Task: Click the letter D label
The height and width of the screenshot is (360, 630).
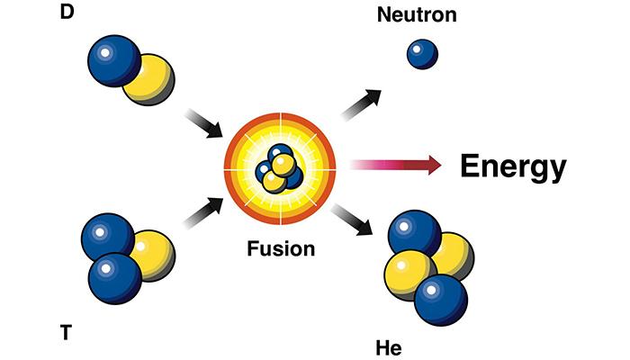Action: point(67,12)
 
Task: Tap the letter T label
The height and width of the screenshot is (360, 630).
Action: point(67,333)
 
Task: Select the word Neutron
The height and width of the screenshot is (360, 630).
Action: point(417,15)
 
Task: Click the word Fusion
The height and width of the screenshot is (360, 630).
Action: point(281,248)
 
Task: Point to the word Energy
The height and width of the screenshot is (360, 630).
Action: point(513,166)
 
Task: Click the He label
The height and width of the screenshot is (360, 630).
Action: point(389,348)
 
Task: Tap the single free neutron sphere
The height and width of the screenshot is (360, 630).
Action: point(422,54)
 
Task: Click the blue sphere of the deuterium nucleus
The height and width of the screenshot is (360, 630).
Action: point(114,60)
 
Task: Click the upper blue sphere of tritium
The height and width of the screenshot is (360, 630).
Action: point(108,238)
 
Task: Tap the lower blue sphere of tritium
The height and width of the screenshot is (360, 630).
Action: point(115,278)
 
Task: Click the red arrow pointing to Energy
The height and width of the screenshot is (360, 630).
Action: point(396,165)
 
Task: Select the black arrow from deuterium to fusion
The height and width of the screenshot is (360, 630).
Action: point(203,123)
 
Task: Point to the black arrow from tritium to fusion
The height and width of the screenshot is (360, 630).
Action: point(203,212)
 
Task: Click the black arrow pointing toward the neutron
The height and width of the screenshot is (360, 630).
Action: point(361,105)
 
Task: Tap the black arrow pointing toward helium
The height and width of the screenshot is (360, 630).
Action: point(352,220)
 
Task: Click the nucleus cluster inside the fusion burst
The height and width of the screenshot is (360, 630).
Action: point(279,168)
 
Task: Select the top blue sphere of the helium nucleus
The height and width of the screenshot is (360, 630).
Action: point(415,235)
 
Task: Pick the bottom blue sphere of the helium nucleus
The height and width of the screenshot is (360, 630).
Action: point(441,300)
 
